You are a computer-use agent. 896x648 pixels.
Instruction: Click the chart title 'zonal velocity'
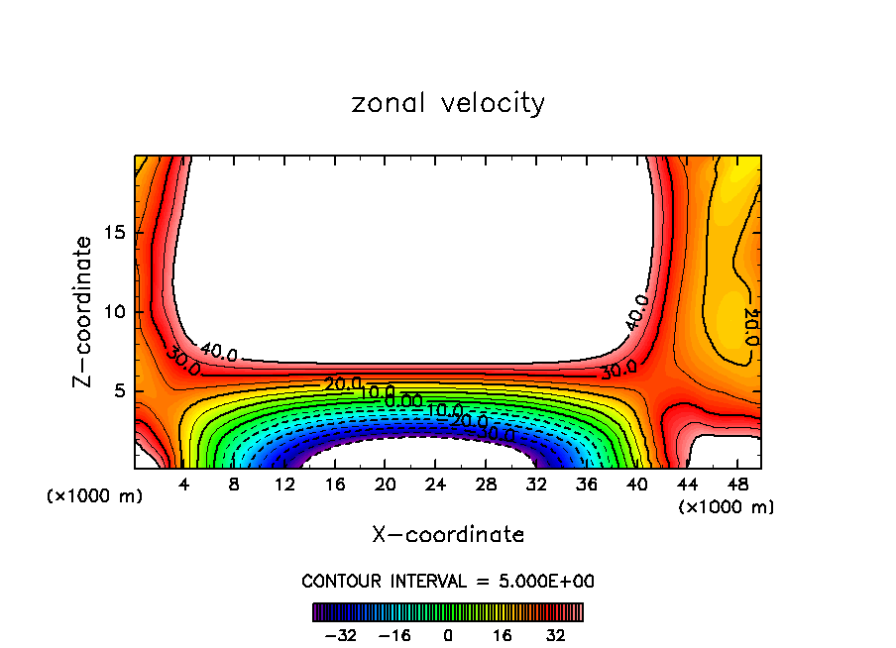pos(448,103)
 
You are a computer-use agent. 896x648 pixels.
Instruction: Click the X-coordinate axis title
pos(448,535)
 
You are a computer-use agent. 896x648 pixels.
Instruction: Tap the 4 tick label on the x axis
pos(183,485)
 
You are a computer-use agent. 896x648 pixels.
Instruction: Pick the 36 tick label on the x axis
pos(587,485)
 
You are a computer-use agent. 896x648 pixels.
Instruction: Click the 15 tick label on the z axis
pos(114,233)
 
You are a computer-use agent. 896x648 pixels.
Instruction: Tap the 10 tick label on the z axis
pos(114,312)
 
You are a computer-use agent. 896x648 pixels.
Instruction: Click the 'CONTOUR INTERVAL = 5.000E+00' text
pos(448,581)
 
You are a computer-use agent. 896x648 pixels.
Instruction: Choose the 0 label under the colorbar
pos(448,634)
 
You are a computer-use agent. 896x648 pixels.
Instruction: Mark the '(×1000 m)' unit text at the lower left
pos(95,496)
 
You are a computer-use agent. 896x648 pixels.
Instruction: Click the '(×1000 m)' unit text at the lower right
pos(727,507)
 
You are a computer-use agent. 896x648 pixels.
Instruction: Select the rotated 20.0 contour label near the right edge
pos(750,326)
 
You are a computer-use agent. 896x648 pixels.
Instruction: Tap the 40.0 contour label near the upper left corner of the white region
pos(218,351)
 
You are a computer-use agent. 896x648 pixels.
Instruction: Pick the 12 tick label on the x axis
pos(284,485)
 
